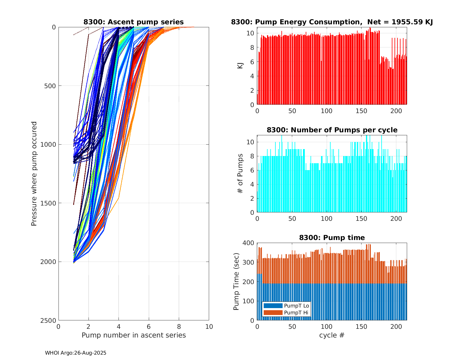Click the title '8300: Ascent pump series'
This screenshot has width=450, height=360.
tap(133, 22)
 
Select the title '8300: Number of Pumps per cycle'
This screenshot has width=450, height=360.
tap(332, 130)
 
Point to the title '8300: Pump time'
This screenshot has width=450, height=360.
tap(332, 238)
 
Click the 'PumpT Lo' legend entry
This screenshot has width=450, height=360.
tap(296, 306)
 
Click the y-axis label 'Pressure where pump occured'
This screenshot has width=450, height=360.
tap(34, 174)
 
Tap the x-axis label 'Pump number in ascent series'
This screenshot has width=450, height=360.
tap(133, 335)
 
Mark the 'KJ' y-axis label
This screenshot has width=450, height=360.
tap(240, 65)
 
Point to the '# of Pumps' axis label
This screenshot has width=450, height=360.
tap(240, 173)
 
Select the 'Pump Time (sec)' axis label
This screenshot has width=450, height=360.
tap(236, 282)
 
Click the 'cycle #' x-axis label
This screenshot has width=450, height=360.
tap(332, 335)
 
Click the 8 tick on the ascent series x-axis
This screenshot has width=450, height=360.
tap(179, 326)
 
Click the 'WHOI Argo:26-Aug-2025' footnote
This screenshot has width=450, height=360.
tap(76, 353)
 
